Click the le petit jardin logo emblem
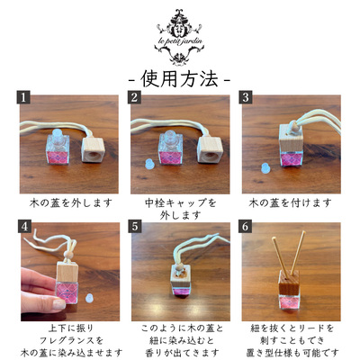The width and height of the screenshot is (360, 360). tap(179, 37)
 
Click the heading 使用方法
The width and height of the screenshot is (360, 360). tap(179, 79)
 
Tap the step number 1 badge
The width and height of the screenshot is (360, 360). tap(23, 97)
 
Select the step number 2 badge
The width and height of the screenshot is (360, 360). tap(134, 97)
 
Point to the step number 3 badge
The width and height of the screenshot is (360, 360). tap(246, 97)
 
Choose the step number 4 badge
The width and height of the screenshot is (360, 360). tap(24, 226)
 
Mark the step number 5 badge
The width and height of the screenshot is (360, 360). tap(135, 226)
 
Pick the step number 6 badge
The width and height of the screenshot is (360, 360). tap(246, 226)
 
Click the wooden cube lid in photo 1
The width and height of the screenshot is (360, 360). tap(93, 149)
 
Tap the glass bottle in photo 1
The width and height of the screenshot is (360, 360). tap(58, 147)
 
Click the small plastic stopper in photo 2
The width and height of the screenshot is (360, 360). tap(148, 165)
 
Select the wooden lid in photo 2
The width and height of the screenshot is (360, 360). tap(209, 149)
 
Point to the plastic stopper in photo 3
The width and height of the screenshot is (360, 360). tap(265, 168)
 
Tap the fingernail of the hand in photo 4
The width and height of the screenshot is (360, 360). tap(59, 304)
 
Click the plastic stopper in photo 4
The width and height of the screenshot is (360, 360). tap(88, 298)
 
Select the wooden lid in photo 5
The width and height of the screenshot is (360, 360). tap(181, 274)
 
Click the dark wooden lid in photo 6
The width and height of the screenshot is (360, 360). tap(289, 282)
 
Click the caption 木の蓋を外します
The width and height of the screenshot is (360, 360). tap(71, 203)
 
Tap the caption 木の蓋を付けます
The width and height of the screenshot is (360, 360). tap(290, 203)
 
